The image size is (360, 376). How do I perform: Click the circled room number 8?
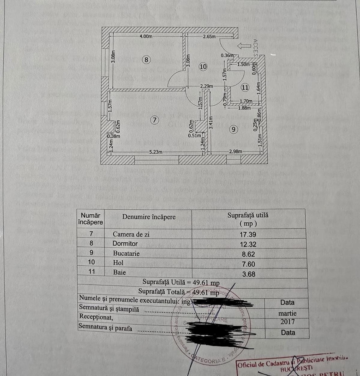tap(146, 60)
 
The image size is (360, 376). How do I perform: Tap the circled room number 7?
tap(155, 120)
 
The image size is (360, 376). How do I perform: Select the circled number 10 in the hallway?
tap(203, 66)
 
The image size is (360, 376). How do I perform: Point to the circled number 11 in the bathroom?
tap(245, 87)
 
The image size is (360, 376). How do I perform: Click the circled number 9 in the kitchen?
tap(232, 130)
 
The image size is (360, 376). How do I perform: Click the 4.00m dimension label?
tap(146, 37)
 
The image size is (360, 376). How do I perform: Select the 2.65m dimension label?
tap(209, 37)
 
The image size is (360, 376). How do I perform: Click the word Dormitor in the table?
tap(125, 244)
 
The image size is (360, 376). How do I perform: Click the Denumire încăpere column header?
tap(149, 217)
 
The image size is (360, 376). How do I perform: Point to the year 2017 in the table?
tap(287, 322)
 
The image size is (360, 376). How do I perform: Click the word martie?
tap(287, 312)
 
